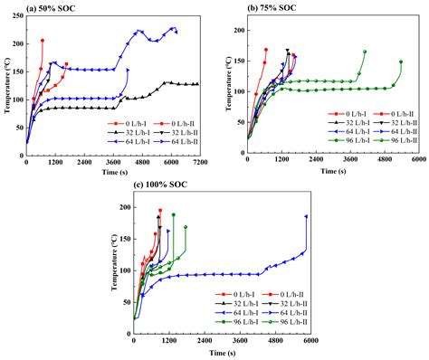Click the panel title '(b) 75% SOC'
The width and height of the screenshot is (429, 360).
pos(274,9)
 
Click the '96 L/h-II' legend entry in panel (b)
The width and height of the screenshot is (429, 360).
pos(402,141)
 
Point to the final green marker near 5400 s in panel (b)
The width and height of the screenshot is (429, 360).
pos(401,62)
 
